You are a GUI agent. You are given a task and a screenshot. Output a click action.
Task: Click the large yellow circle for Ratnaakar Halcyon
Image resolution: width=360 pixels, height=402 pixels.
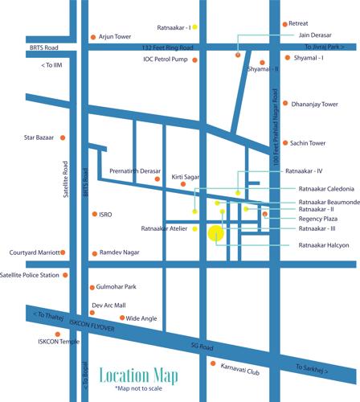(215, 234)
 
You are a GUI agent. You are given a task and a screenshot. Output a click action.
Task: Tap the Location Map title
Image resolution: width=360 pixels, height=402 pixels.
(138, 375)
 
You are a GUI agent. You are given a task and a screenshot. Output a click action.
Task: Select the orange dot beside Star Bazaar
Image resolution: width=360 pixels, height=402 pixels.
(62, 138)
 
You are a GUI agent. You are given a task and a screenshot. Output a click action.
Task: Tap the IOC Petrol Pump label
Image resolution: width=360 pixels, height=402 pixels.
(166, 59)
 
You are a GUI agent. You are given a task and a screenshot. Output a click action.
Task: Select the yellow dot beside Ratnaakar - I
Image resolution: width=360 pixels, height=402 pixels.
(194, 27)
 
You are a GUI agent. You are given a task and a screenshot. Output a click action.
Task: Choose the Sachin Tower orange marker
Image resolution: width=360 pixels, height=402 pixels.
(285, 143)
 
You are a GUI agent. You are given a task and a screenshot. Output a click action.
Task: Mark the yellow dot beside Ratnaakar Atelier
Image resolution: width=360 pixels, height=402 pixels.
(194, 229)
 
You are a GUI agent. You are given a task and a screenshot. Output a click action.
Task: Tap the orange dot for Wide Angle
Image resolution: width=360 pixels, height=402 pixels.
(120, 318)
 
